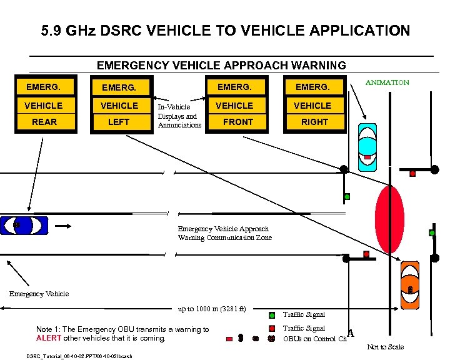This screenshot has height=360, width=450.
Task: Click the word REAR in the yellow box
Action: click(x=44, y=122)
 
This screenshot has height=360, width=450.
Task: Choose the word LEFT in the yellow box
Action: click(x=119, y=122)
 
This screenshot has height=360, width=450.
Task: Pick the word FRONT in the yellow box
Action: click(x=238, y=122)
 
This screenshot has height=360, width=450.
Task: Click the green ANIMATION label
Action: click(x=387, y=82)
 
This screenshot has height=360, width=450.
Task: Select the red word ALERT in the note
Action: click(x=48, y=338)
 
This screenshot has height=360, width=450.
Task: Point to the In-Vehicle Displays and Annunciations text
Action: click(x=179, y=116)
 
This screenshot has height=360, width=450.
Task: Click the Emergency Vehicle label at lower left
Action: click(x=39, y=293)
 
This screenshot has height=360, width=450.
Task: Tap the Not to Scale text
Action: click(x=385, y=347)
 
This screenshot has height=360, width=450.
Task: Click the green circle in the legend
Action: click(x=272, y=315)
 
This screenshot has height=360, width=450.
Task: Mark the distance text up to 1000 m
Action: click(x=212, y=309)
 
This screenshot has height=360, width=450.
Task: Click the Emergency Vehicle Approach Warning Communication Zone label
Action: click(x=224, y=233)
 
